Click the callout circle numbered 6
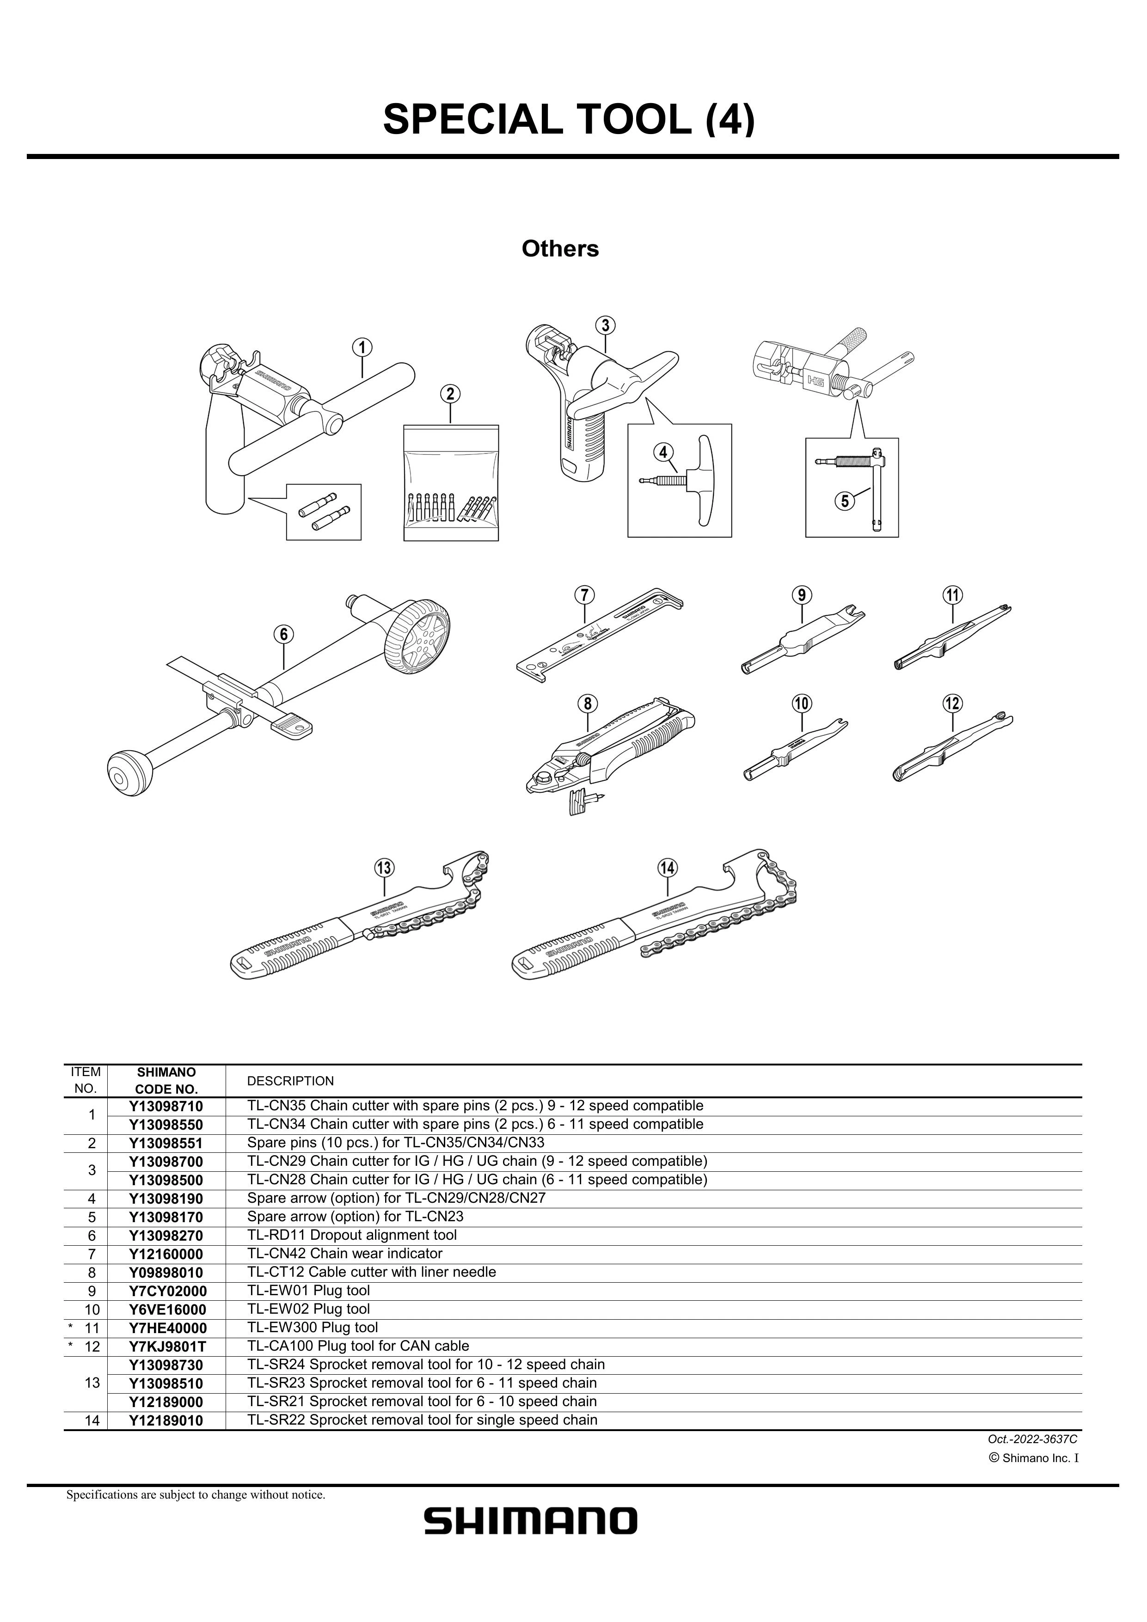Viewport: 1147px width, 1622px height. (283, 634)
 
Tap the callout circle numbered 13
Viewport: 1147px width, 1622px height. (384, 868)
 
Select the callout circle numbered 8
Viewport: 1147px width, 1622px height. (587, 704)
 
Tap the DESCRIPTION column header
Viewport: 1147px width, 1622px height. (290, 1081)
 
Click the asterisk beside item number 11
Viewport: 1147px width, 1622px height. (71, 1327)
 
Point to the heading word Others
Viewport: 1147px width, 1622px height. (560, 249)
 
